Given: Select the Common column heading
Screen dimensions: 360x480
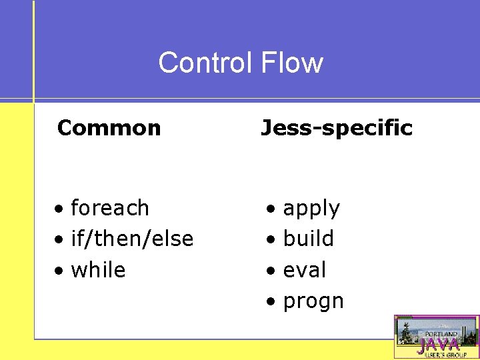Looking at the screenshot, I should (109, 128).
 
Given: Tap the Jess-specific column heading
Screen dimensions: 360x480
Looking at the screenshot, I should (337, 128).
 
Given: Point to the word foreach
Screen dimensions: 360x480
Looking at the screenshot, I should (110, 208).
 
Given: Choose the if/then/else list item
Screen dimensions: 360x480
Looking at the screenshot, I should (132, 239).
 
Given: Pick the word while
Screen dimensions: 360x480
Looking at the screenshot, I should (98, 270).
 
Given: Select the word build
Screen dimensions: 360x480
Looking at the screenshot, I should (309, 239).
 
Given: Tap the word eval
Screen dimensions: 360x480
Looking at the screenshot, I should (305, 270).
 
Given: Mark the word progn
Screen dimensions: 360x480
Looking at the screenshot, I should (313, 302).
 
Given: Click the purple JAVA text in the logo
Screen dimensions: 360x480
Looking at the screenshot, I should (438, 345).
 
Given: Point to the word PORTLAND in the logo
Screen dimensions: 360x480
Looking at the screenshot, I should (442, 333).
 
